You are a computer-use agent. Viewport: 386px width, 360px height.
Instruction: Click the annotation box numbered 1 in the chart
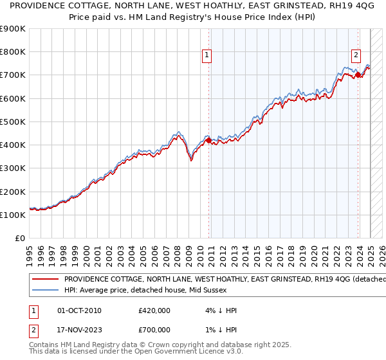tap(207, 56)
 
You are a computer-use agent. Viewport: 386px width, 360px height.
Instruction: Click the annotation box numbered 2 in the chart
tap(356, 55)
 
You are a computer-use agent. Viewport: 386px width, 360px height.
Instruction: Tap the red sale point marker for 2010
tap(208, 141)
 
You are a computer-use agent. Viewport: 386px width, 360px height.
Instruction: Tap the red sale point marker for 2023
tap(358, 75)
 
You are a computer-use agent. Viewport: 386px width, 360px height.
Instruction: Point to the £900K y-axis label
tap(13, 29)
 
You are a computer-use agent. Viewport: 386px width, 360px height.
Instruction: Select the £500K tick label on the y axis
tap(13, 122)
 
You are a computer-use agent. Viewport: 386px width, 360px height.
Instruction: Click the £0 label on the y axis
tap(19, 238)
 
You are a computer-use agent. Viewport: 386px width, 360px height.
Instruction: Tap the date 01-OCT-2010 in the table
tap(79, 310)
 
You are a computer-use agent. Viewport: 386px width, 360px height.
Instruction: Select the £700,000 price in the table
tap(154, 329)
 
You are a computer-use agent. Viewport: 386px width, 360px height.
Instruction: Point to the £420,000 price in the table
tap(154, 310)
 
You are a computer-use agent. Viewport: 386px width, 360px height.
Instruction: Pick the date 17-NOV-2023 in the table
tap(79, 329)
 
